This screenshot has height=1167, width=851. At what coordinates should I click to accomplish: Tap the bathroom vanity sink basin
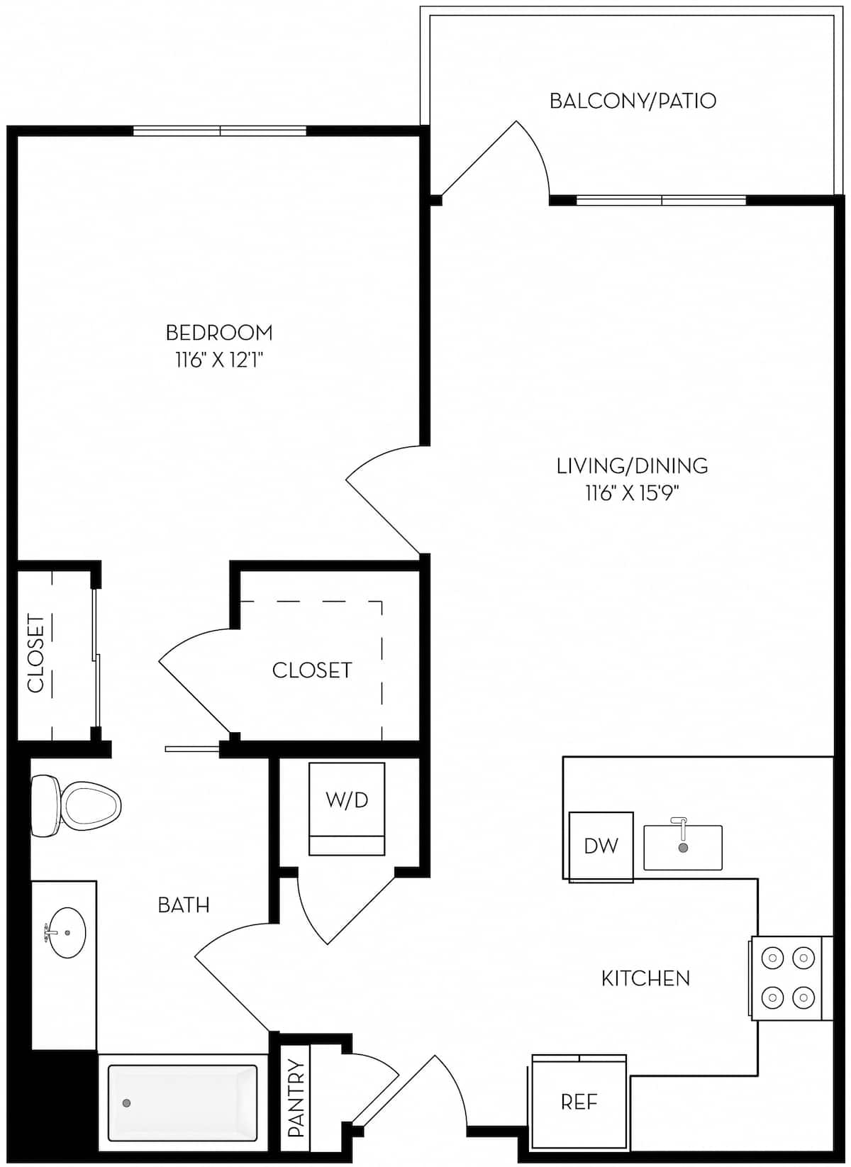click(x=65, y=932)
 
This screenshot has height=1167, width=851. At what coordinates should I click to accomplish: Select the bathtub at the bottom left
click(x=182, y=1102)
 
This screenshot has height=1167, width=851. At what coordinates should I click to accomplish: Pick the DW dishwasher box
click(x=601, y=846)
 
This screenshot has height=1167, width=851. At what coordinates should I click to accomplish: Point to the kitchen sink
click(x=682, y=847)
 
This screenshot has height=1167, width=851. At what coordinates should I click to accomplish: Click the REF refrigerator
click(x=579, y=1101)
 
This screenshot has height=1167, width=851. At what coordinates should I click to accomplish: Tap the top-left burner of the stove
click(x=771, y=958)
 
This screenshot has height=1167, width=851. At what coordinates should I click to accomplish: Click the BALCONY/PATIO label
click(x=633, y=101)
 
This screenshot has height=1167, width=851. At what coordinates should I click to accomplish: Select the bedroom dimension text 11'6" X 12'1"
click(x=219, y=360)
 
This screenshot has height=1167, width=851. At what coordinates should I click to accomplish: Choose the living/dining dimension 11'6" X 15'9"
click(x=632, y=493)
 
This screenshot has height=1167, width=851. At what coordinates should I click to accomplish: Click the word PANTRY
click(x=296, y=1098)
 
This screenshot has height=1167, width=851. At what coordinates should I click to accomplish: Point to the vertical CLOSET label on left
click(x=35, y=653)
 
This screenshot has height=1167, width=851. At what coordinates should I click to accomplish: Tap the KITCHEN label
click(x=645, y=978)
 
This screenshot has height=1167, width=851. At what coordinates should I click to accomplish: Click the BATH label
click(x=183, y=905)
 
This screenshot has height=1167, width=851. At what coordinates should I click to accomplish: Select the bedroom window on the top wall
click(x=220, y=131)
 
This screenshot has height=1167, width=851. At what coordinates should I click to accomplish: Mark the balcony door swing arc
click(x=539, y=153)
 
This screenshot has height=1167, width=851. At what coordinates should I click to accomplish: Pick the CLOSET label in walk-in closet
click(x=312, y=670)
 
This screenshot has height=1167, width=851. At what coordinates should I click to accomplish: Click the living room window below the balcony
click(x=661, y=201)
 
